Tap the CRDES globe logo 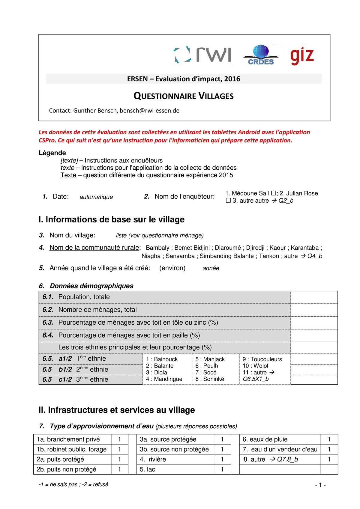[x=261, y=55]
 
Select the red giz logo [x=302, y=56]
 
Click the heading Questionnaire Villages [x=184, y=96]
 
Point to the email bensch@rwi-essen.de [x=149, y=111]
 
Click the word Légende [x=52, y=153]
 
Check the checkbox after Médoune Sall [x=273, y=193]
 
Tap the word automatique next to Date [x=96, y=197]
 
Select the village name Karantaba [x=304, y=248]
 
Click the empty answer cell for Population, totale [x=314, y=297]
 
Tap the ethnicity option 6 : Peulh [x=207, y=366]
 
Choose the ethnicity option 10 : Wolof [x=255, y=366]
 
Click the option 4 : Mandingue [x=164, y=379]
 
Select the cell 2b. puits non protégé [x=72, y=469]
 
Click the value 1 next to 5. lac [x=222, y=469]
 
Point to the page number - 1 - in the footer [x=320, y=485]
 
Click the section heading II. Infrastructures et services [x=117, y=410]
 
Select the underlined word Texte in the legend [x=68, y=175]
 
